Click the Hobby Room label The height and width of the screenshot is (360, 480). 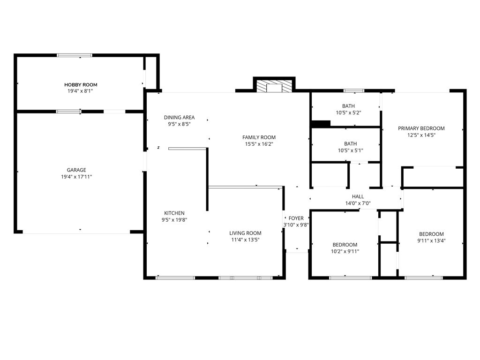point(81,85)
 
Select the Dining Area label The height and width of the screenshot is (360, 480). point(179,118)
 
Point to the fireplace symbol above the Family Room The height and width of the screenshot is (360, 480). point(274,86)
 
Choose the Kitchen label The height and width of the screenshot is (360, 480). point(174,213)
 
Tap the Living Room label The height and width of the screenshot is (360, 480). point(245,233)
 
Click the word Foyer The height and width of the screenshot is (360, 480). point(296,218)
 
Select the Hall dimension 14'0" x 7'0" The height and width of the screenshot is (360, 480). point(358,203)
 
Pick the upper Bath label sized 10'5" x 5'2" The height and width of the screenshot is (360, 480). point(348,106)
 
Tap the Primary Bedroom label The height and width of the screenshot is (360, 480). point(421,128)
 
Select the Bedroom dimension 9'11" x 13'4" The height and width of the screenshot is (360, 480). point(431,241)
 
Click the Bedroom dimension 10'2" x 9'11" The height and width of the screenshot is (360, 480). point(345,251)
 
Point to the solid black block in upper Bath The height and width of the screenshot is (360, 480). point(321,124)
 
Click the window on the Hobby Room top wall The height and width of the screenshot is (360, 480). point(75,55)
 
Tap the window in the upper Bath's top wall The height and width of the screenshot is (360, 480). point(353,90)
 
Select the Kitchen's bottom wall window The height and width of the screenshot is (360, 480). point(175,278)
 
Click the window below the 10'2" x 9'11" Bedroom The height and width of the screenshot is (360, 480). point(351,278)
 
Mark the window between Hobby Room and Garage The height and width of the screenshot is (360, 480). point(68,112)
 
